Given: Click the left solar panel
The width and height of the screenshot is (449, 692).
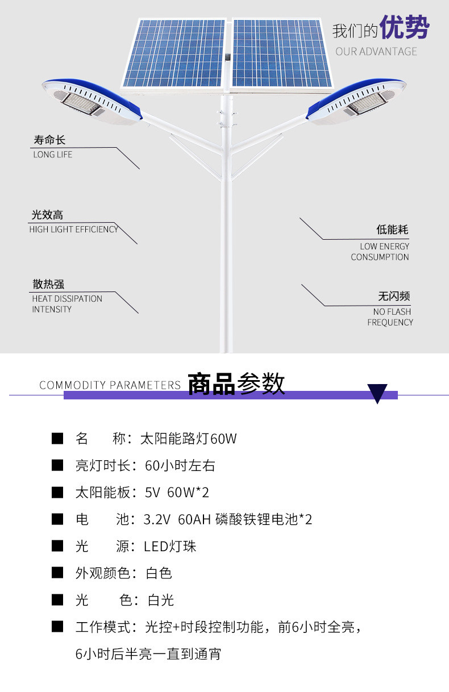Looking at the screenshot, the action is coord(174,53).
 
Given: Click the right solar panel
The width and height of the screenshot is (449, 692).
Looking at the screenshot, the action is coord(281,53).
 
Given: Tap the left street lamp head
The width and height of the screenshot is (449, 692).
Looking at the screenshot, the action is coord(92,101).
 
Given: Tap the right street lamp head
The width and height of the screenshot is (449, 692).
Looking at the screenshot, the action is coord(356,101).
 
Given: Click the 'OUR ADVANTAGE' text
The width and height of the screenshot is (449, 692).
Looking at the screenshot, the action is coord(376,52).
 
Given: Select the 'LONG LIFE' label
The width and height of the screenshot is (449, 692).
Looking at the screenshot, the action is coord(52,155).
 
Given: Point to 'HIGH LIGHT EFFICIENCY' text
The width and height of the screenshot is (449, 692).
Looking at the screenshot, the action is coord(73,229).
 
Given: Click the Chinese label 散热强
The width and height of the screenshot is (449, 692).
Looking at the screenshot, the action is coord(48,284).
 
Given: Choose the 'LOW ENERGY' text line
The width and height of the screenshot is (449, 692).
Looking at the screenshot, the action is coord(384,246).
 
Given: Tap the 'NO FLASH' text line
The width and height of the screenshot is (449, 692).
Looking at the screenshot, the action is coord(392,311).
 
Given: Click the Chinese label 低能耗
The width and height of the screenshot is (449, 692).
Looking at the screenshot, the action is coord(392,230).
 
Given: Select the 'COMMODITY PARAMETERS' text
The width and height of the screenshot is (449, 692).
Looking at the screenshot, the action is coord(110,385).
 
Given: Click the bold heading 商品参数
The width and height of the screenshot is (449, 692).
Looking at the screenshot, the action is coord(236,383).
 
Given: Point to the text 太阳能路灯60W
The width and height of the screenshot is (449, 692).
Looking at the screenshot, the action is coord(189,439).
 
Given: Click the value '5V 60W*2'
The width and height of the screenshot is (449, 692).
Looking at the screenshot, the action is coord(177,493).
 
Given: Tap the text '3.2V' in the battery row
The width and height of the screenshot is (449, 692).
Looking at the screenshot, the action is coord(157,520).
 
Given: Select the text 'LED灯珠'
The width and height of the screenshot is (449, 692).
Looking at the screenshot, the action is coord(170,547).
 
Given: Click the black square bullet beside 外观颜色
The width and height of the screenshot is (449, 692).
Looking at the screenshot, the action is coord(57,573).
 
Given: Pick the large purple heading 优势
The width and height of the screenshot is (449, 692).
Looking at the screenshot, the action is coord(405,27).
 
